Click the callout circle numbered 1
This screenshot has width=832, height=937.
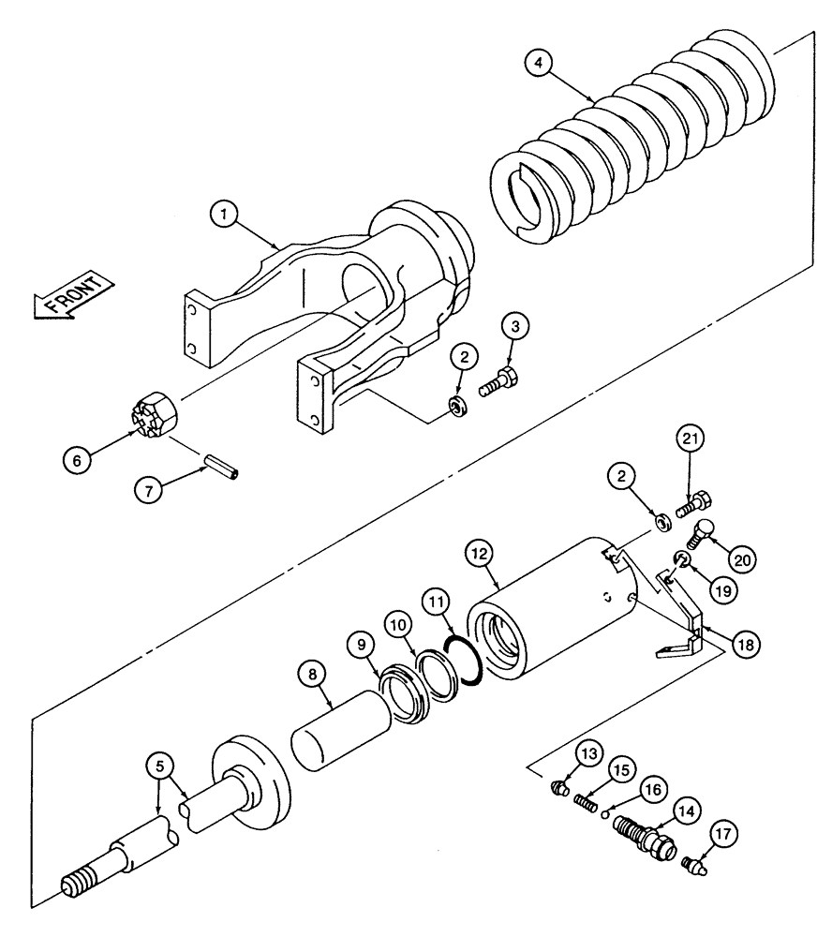[223, 215]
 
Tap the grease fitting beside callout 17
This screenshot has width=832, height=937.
[694, 862]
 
